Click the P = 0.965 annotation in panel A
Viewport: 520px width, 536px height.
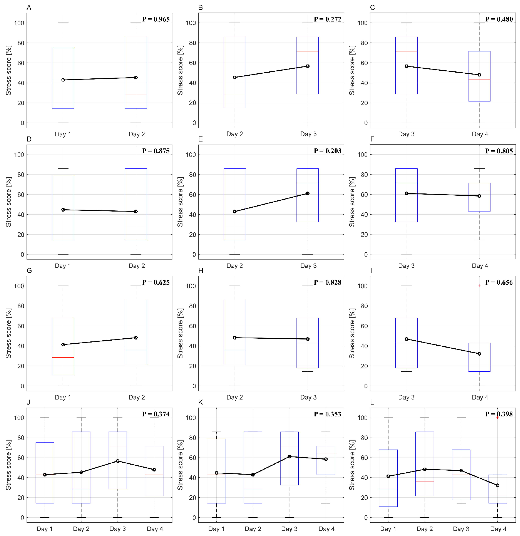point(156,19)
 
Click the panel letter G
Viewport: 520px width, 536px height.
point(29,271)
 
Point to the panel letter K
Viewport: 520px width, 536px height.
point(201,402)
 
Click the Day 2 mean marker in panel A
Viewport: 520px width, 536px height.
point(136,77)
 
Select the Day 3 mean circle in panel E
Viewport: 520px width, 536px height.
point(308,193)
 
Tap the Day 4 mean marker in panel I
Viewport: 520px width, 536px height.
point(479,354)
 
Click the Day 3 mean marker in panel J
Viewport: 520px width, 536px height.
point(118,461)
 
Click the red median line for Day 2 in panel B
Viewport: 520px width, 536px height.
point(235,94)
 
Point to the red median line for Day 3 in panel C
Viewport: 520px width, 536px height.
point(406,51)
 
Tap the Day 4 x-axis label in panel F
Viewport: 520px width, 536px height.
point(480,266)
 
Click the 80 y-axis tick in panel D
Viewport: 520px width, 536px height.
point(20,174)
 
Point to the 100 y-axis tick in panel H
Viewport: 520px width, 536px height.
point(191,286)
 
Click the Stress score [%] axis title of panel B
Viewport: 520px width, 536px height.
point(180,70)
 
